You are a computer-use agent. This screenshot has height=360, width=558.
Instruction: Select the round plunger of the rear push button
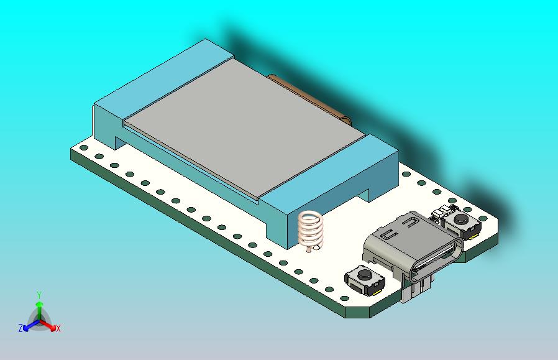462,219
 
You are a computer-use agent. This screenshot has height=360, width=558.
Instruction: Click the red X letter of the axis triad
58,328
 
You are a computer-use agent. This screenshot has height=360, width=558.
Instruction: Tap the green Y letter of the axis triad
39,295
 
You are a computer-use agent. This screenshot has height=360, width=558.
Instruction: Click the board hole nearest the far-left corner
83,149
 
